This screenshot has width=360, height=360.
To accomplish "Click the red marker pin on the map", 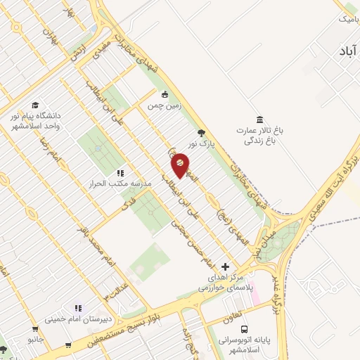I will coord(180,165).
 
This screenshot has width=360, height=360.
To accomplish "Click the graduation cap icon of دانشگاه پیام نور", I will coord(35,104).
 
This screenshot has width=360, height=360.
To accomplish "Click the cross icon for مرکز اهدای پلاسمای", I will coord(225,266).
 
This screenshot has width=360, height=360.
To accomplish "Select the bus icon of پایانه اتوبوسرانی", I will coord(244,328).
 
